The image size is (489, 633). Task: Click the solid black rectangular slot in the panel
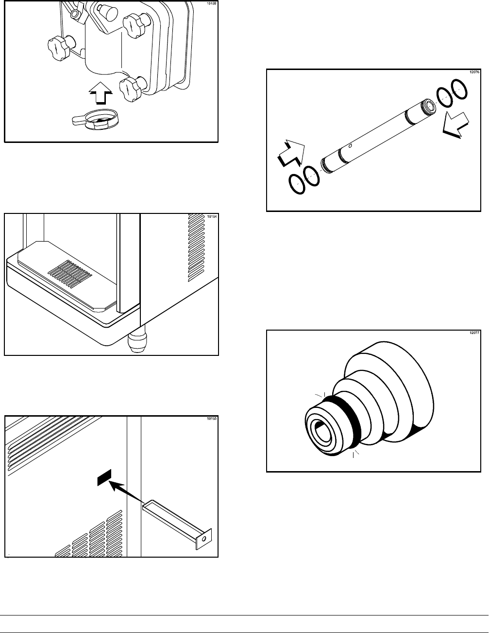click(x=104, y=478)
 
